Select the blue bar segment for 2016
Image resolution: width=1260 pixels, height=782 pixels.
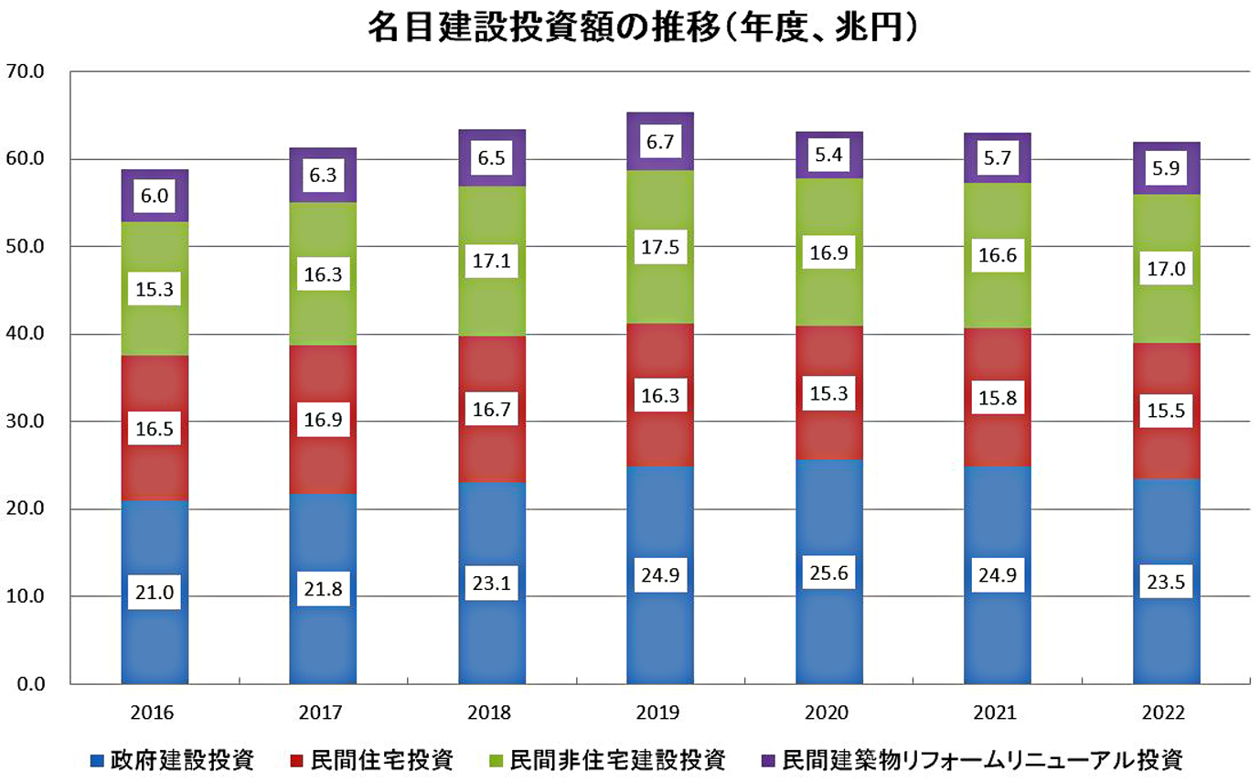pos(155,549)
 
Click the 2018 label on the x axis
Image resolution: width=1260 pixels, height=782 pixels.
pos(491,713)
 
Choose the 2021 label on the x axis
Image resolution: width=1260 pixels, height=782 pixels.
pos(997,713)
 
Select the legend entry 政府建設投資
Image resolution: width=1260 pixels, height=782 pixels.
pos(173,759)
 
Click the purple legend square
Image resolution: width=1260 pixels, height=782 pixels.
pos(770,759)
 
